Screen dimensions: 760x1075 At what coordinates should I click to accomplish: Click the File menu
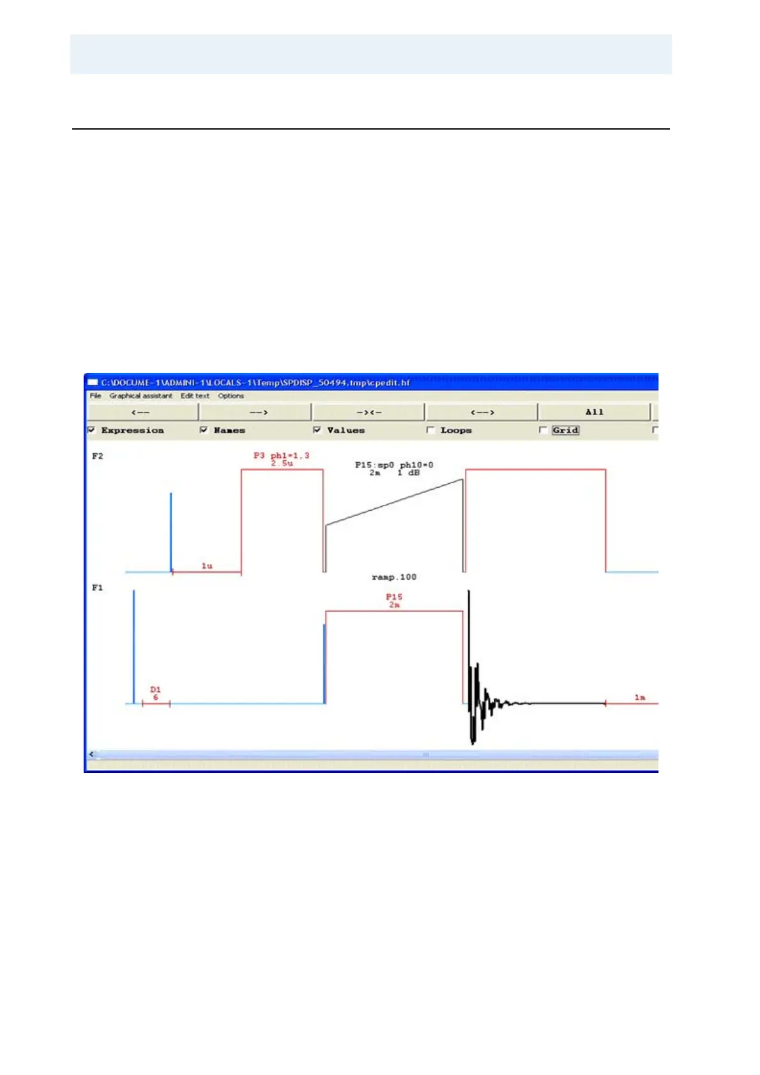coord(95,396)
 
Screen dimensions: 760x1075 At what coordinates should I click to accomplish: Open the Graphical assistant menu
coord(141,396)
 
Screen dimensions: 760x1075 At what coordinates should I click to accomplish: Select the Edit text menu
coord(195,396)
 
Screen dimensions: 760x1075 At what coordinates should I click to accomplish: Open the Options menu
coord(231,396)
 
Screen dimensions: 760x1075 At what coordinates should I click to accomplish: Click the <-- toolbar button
coord(142,412)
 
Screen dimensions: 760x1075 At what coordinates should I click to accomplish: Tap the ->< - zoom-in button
coord(369,412)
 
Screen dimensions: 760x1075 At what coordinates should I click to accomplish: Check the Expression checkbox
coord(92,430)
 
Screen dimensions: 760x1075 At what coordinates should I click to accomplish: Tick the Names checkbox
coord(204,430)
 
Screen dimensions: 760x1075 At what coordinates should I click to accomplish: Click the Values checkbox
coord(317,430)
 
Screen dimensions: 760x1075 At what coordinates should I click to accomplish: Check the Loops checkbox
coord(430,430)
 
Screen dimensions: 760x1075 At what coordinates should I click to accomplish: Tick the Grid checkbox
coord(543,430)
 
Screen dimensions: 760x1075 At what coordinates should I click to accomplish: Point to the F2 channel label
coord(98,456)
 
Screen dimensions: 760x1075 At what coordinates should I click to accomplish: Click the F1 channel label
coord(98,588)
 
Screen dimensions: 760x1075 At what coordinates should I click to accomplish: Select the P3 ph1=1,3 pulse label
coord(281,456)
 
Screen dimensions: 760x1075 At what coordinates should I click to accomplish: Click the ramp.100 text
coord(394,577)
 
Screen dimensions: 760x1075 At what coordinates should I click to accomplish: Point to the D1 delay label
coord(155,690)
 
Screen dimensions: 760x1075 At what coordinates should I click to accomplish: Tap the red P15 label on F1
coord(394,598)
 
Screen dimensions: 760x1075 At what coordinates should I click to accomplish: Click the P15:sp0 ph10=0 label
coord(394,465)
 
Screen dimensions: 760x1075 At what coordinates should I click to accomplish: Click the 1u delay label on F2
coord(207,566)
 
